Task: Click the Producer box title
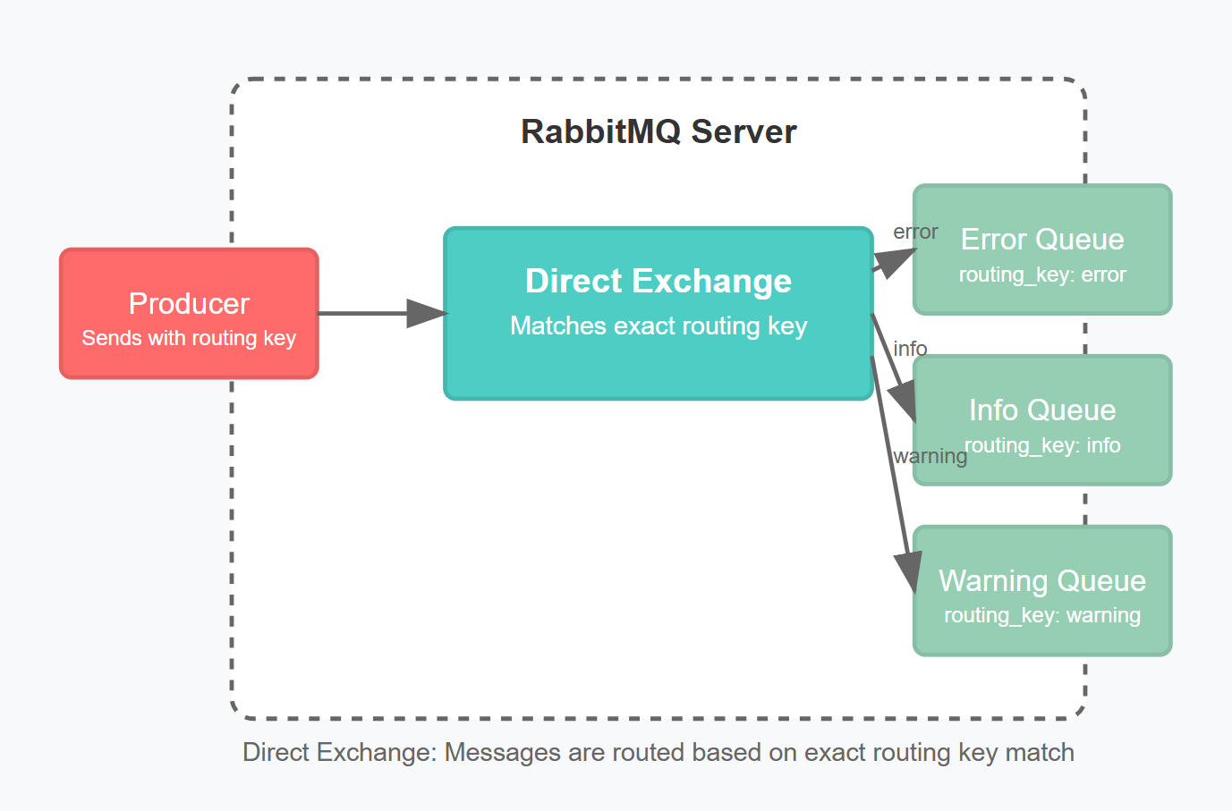coord(189,304)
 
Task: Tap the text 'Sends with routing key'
coord(189,338)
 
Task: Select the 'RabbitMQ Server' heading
coord(658,131)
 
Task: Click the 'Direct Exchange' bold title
coord(658,281)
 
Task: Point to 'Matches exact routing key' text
coord(658,325)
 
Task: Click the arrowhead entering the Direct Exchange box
coord(427,313)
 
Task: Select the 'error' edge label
coord(915,232)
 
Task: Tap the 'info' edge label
coord(910,349)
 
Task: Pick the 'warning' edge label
coord(930,456)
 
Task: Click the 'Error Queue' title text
coord(1042,240)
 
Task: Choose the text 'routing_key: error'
coord(1042,275)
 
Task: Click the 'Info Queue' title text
coord(1042,410)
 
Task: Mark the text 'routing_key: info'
coord(1042,445)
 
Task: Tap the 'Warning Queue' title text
coord(1042,581)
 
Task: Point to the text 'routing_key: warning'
coord(1042,615)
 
